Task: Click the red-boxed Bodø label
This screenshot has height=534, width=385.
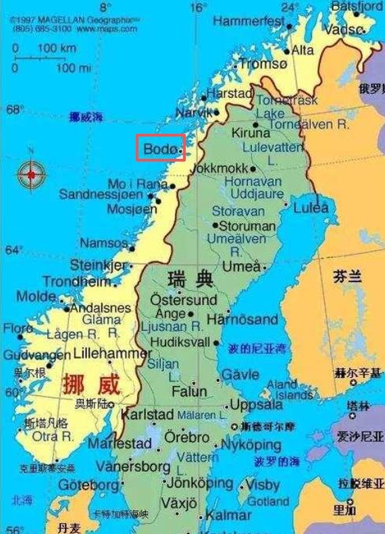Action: (x=159, y=147)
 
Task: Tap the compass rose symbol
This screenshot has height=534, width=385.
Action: (x=31, y=174)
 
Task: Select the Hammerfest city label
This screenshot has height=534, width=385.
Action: (x=248, y=22)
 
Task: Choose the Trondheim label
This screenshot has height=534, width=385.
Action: (x=76, y=282)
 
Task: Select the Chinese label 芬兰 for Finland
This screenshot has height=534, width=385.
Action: (x=348, y=276)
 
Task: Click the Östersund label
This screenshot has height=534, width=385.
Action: (x=183, y=299)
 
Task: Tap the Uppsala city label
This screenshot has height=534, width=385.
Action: (x=256, y=405)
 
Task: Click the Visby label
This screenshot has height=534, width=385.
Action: (x=263, y=485)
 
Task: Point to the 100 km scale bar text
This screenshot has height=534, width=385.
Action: (x=57, y=49)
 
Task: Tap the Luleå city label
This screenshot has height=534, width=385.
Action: (x=310, y=208)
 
